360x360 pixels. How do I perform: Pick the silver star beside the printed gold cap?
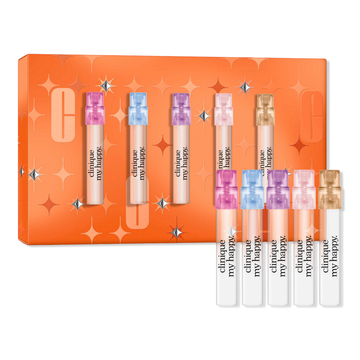point(245,86)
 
